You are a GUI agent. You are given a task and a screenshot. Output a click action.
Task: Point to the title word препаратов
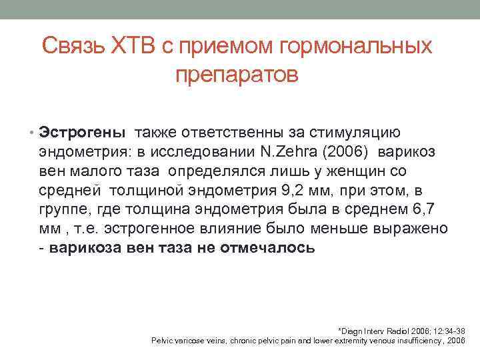pyautogui.click(x=237, y=75)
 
